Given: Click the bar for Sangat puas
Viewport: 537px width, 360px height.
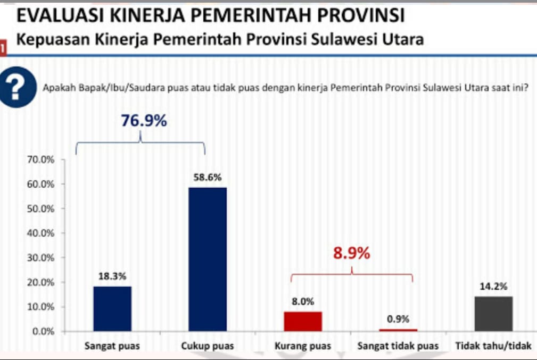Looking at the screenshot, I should (112, 308).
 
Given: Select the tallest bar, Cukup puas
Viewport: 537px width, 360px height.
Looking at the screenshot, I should (208, 259).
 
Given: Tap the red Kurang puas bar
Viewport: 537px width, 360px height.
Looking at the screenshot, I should (303, 321).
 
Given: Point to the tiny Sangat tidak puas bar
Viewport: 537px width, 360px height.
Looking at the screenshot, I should (398, 330).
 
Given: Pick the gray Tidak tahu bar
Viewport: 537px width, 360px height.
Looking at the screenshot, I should (493, 314).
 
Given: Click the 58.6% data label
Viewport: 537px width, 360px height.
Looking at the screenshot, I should (208, 178).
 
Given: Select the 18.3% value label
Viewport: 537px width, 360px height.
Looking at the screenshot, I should (112, 277).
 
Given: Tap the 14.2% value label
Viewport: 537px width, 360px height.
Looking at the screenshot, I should (493, 287).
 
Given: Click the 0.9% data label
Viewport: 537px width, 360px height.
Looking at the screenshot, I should (398, 320).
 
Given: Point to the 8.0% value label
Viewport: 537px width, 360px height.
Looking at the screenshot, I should (303, 302).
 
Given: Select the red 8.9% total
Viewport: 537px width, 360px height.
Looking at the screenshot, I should (351, 254).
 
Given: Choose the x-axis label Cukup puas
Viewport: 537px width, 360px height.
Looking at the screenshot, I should (208, 346).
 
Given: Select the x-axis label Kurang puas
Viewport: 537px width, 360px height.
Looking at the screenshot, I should (303, 346).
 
